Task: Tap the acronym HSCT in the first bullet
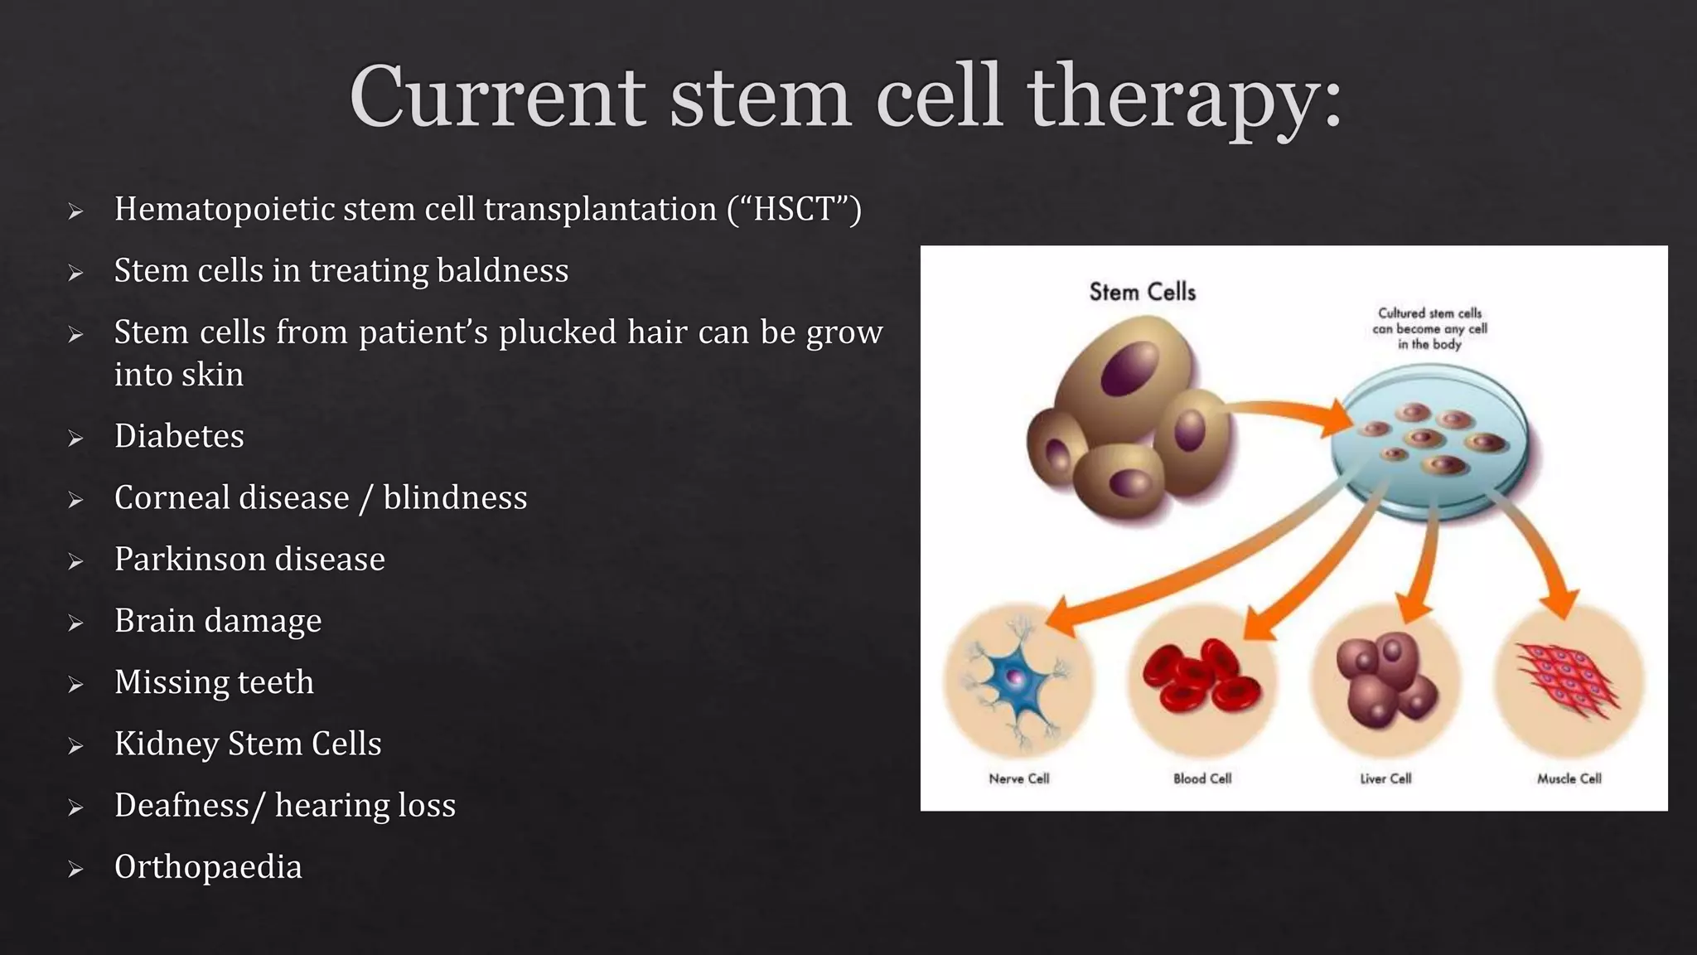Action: (x=794, y=209)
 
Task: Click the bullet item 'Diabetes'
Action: (x=179, y=436)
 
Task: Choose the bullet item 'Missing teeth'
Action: (x=214, y=682)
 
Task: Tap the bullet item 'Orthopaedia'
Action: (x=208, y=867)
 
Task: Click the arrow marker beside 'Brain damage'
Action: (x=75, y=623)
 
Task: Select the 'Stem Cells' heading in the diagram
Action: (x=1142, y=292)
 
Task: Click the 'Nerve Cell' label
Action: (x=1018, y=778)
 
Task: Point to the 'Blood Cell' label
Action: (x=1201, y=778)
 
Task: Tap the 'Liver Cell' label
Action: (x=1385, y=778)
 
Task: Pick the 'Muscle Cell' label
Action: (x=1569, y=778)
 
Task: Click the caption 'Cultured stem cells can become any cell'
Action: (x=1429, y=328)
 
